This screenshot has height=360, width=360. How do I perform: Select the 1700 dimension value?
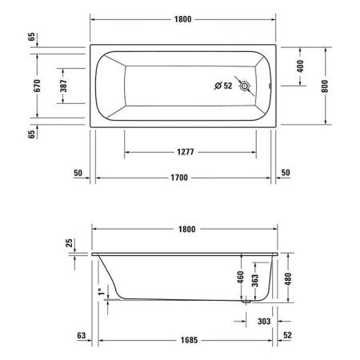(186, 178)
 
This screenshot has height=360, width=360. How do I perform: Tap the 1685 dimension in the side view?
(186, 339)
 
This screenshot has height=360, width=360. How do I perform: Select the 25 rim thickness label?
(70, 242)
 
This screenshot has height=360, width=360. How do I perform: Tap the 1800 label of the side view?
(186, 229)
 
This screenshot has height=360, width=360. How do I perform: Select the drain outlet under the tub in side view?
(246, 302)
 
